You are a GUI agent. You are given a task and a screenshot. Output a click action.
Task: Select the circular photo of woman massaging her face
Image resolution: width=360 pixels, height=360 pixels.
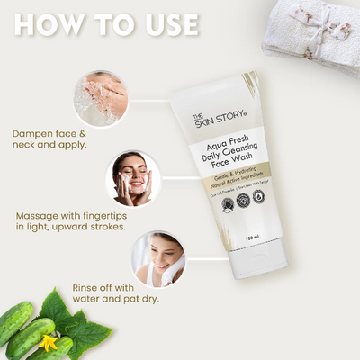pyautogui.click(x=133, y=178)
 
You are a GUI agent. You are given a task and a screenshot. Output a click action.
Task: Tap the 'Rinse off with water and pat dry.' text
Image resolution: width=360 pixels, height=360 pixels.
pyautogui.click(x=117, y=294)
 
